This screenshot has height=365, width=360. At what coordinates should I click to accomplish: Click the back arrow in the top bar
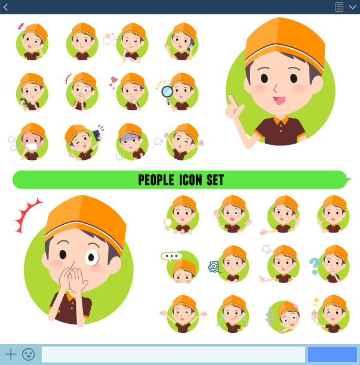tap(6, 7)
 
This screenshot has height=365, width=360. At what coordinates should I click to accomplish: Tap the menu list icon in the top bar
tap(339, 7)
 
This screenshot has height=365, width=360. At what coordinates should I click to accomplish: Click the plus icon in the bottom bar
tap(11, 354)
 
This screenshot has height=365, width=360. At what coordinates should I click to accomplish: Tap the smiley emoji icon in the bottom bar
tap(29, 354)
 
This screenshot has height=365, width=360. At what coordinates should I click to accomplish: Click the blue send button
tap(333, 354)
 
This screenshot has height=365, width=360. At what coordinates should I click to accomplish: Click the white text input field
tap(173, 354)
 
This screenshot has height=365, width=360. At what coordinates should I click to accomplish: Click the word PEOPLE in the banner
tap(156, 180)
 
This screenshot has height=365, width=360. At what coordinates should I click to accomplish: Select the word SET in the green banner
tap(215, 180)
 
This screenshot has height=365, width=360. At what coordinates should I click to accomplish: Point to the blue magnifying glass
tap(167, 92)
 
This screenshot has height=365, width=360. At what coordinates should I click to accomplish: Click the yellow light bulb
tap(168, 224)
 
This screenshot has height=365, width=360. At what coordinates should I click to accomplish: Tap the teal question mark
tap(315, 265)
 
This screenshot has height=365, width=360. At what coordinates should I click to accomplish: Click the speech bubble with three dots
tap(171, 256)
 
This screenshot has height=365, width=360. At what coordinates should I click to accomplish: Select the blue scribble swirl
tap(214, 267)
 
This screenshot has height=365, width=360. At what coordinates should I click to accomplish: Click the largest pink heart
tap(114, 79)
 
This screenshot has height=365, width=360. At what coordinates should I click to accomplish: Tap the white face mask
tap(32, 147)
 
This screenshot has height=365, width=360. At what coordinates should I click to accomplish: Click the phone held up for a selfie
tap(96, 135)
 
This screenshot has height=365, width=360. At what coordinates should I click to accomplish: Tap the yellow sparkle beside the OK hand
tap(316, 301)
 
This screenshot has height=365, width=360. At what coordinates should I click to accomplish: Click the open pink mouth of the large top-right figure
tap(279, 100)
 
